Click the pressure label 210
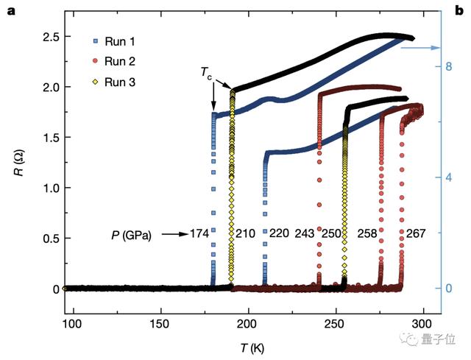tap(246, 233)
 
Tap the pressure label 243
tap(305, 233)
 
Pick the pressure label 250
tap(332, 233)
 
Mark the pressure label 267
tap(415, 233)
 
